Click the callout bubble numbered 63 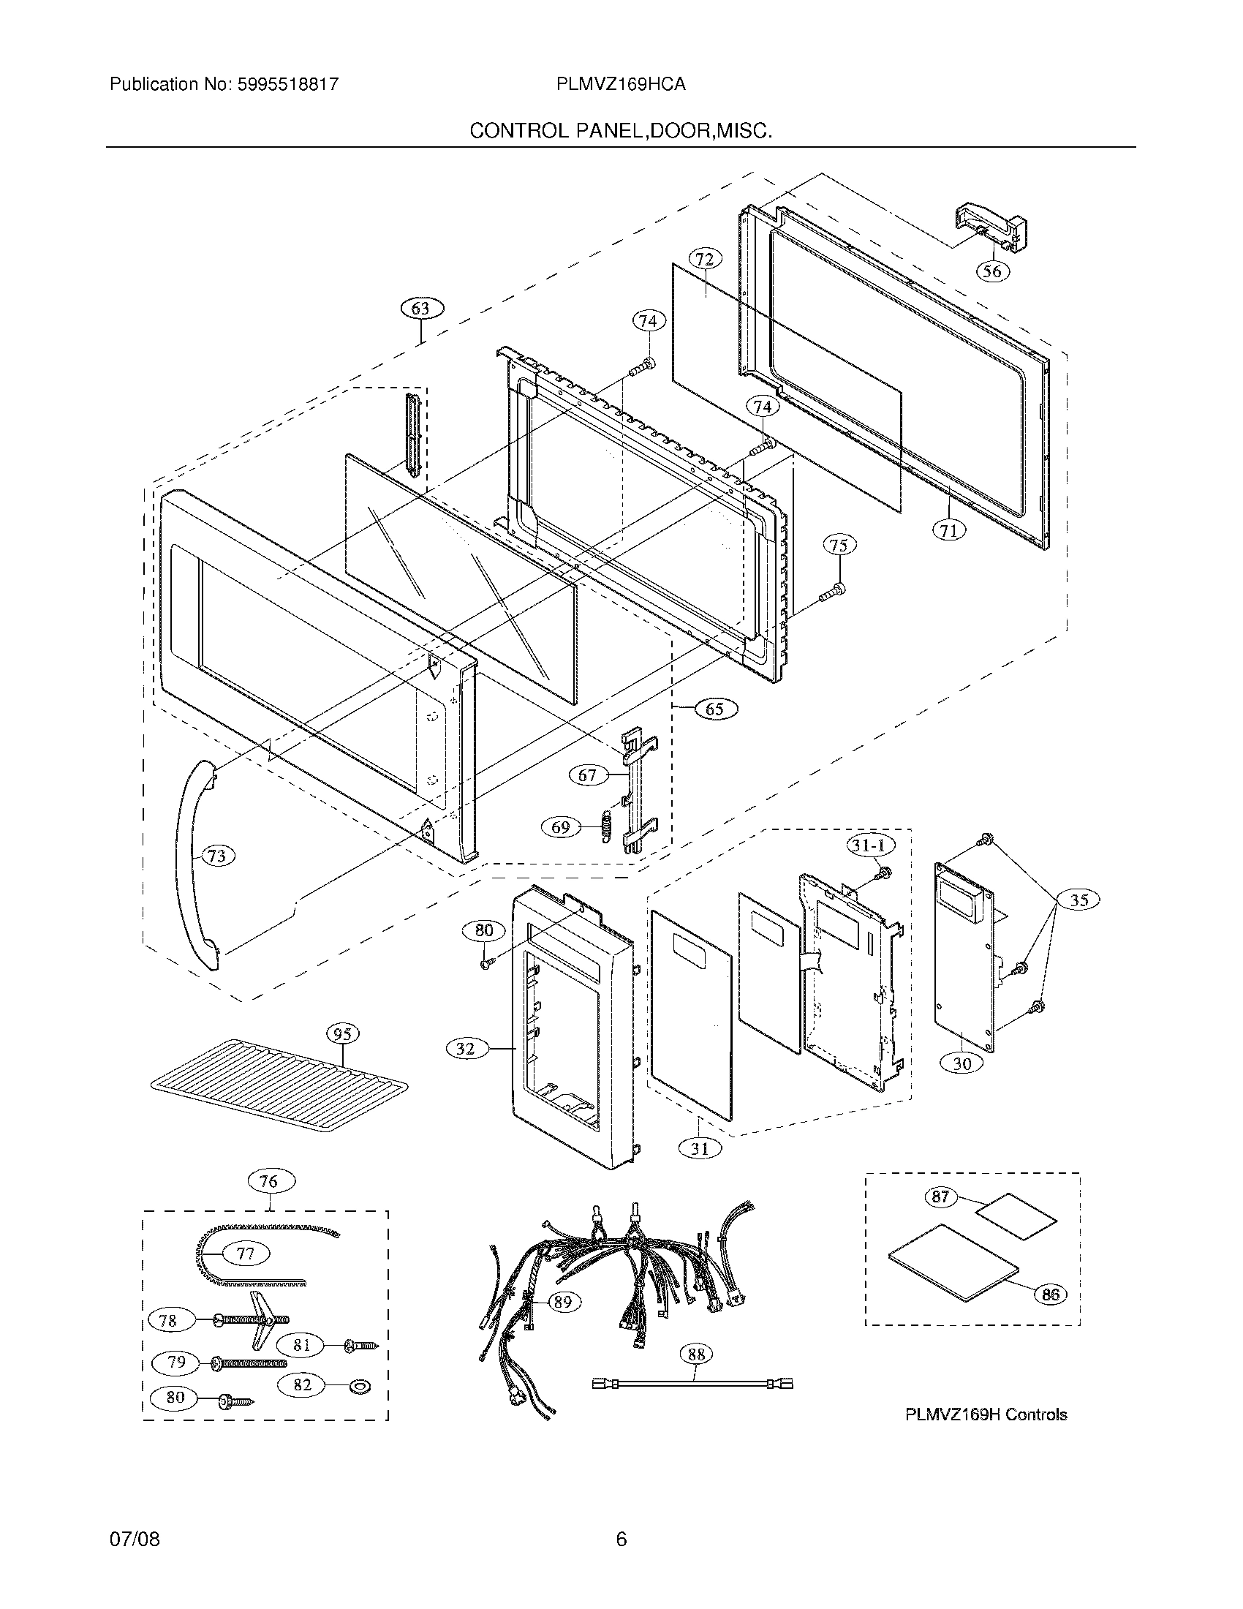tap(421, 309)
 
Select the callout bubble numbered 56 tap(992, 271)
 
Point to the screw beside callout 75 tap(836, 589)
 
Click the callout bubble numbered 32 tap(465, 1048)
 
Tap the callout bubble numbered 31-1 tap(869, 845)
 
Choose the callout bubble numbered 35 tap(1078, 900)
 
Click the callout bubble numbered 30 tap(962, 1063)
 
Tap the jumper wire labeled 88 tap(692, 1384)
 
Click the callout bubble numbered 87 tap(940, 1197)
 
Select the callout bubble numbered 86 tap(1051, 1295)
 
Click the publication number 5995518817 tap(288, 85)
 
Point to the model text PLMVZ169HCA tap(621, 85)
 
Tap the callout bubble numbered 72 tap(704, 260)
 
